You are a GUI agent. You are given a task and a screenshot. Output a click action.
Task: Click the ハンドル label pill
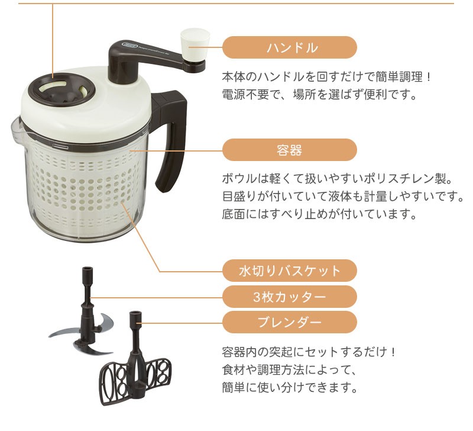[290, 47]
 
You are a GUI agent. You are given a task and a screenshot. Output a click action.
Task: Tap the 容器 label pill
[290, 150]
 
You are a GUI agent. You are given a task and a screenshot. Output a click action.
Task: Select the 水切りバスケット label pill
[290, 271]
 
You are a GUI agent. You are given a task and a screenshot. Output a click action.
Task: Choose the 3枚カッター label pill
[290, 297]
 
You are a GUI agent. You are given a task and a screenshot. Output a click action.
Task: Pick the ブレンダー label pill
[290, 323]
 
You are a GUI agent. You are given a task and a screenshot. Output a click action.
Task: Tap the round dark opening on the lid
[61, 90]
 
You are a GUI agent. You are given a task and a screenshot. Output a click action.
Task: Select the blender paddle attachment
[135, 365]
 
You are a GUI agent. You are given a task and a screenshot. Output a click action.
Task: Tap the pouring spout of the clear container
[17, 128]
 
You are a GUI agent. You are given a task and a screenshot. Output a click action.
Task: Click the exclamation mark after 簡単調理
[429, 77]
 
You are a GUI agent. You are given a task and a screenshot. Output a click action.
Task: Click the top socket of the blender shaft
[135, 316]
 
